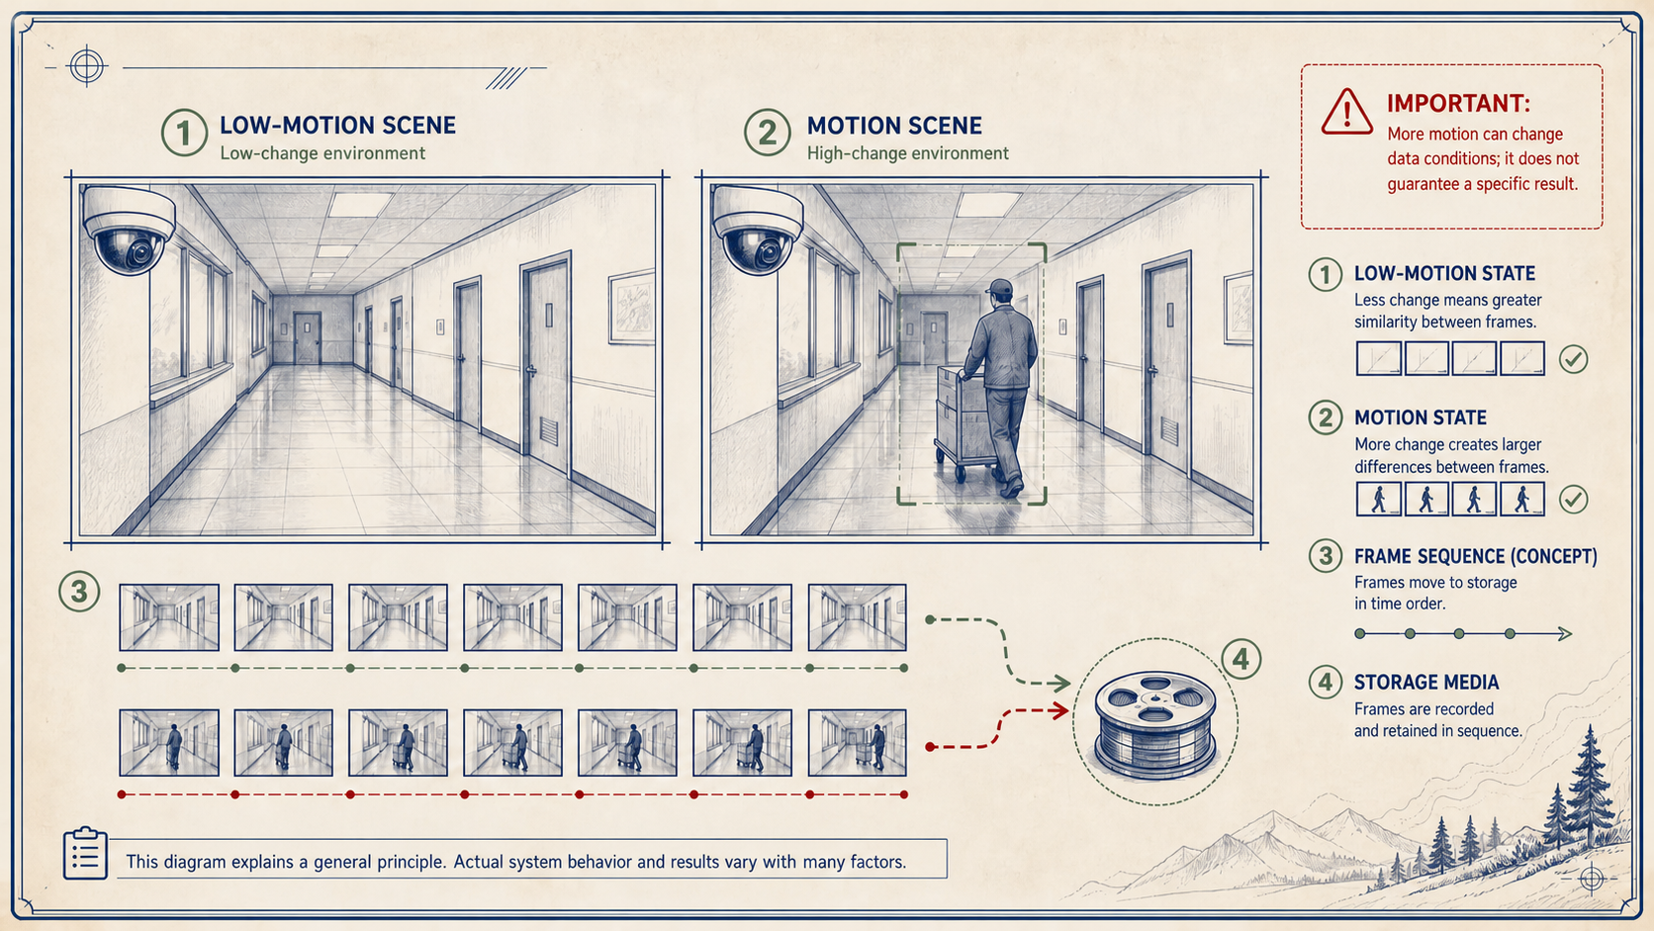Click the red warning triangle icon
(1346, 112)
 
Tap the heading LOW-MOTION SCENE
(337, 126)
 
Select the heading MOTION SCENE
(894, 126)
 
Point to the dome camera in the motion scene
(758, 229)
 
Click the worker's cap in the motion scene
(999, 287)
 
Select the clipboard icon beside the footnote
(85, 853)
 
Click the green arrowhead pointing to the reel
(1061, 684)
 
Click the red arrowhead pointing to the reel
(1060, 711)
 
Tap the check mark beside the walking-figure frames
(1573, 499)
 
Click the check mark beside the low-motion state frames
(1573, 359)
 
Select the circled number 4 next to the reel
(1240, 659)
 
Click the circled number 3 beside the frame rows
(79, 592)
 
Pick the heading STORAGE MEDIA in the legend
(1426, 683)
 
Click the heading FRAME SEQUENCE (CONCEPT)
(1475, 556)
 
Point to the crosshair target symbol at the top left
(87, 66)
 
